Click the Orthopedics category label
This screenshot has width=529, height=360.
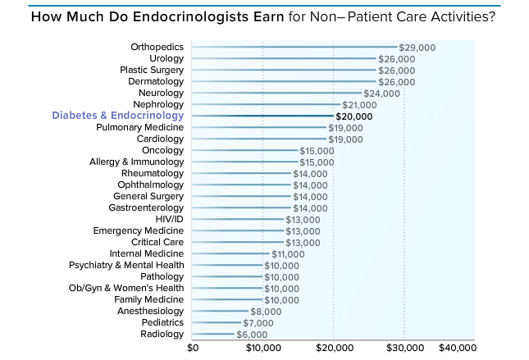coord(157,48)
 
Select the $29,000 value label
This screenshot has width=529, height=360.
coord(417,48)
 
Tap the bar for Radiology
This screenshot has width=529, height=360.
coord(213,335)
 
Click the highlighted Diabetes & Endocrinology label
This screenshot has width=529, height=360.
coord(118,116)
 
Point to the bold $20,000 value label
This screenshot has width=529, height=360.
coord(354,116)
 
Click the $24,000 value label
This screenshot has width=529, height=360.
coord(381,93)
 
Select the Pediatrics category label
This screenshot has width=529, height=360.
coord(162,323)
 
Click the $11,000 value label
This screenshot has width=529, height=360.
coord(287,254)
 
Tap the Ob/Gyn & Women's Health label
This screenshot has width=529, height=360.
coord(126,289)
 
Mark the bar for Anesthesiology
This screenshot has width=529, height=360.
coord(221,312)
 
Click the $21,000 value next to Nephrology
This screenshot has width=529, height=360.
coord(359,105)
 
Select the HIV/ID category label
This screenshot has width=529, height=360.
coord(169,220)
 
